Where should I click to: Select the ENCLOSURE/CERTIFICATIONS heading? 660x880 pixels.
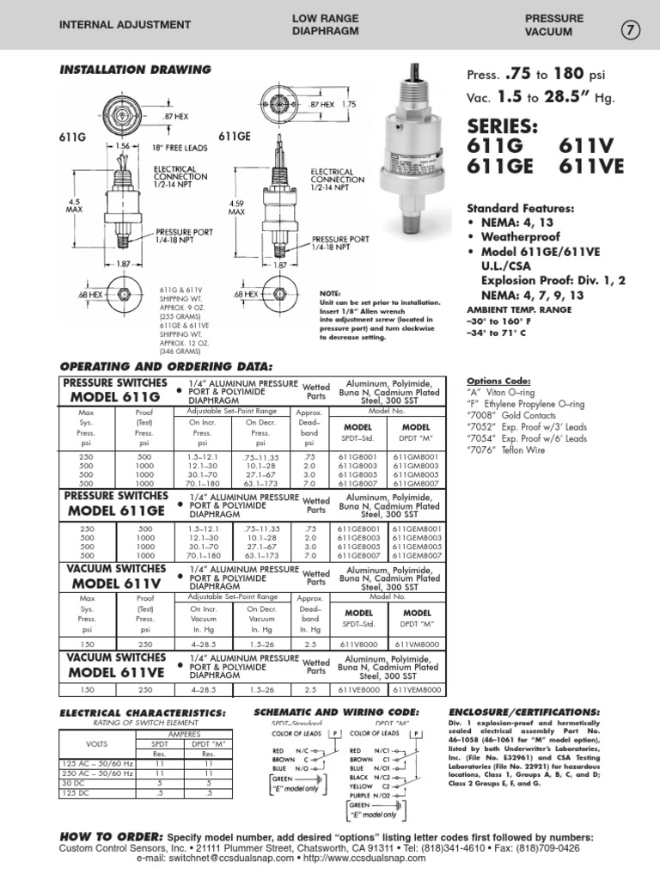point(525,713)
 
